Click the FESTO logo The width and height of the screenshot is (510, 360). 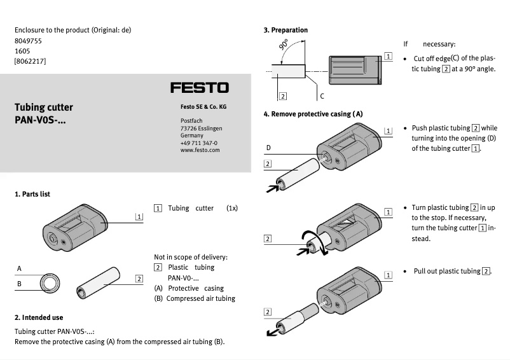(199, 88)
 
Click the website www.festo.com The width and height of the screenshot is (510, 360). (200, 150)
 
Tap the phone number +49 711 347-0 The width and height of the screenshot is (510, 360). (198, 143)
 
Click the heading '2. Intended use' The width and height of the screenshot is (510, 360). (39, 317)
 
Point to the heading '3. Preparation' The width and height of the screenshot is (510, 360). (286, 30)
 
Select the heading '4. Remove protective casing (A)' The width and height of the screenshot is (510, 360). (313, 114)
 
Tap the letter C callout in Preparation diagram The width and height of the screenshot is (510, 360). (322, 96)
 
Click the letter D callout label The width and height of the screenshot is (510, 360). (268, 148)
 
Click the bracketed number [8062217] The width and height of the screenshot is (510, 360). (30, 61)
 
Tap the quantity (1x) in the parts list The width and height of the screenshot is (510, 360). (231, 208)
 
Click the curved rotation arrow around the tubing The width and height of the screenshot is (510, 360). (320, 244)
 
